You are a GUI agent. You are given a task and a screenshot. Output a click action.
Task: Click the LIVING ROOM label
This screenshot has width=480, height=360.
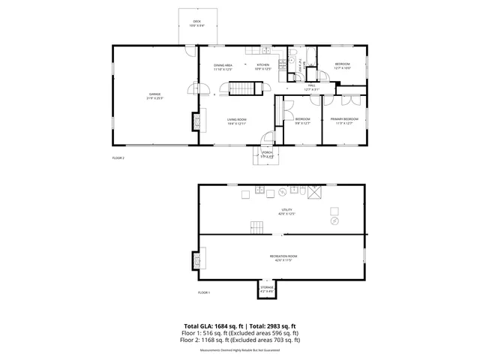tap(237, 121)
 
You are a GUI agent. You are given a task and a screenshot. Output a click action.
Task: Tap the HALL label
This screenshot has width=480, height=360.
tap(310, 86)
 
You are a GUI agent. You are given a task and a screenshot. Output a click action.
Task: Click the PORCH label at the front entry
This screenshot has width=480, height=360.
tap(268, 154)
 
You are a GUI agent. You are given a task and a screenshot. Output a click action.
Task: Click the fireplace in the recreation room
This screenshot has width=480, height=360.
tap(198, 259)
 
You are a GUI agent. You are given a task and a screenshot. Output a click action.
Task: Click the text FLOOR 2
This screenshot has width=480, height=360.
tap(118, 158)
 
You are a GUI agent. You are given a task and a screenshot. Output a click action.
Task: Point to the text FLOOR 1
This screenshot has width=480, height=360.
tap(204, 292)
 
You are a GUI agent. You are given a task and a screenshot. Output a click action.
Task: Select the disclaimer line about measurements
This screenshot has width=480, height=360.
tap(239, 350)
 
